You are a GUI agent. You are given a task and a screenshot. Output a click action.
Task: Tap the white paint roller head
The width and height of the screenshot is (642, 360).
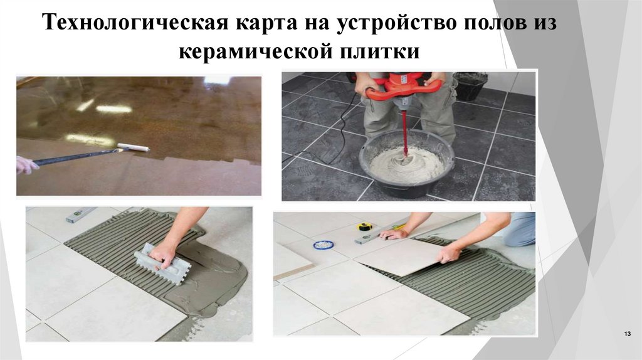point(134,147)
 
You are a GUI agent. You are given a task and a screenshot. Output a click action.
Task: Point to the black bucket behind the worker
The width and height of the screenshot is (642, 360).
point(470,86)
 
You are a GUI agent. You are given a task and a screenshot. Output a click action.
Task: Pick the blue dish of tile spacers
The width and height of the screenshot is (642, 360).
point(324,244)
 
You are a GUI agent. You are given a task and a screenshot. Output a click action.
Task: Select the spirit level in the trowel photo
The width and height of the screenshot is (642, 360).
point(82,215)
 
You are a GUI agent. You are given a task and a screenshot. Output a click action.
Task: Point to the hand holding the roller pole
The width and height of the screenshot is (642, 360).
point(26,165)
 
